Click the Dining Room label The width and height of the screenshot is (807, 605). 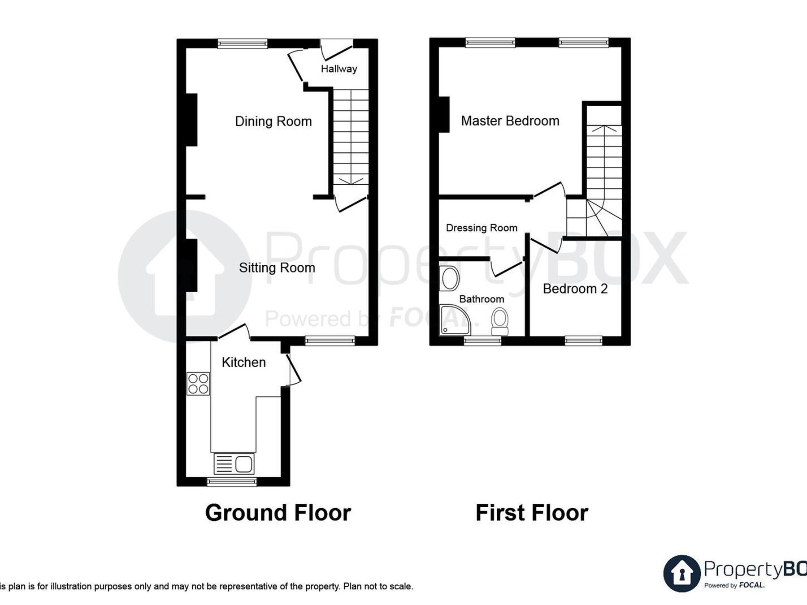pos(273,121)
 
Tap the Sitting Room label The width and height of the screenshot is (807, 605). pos(277,268)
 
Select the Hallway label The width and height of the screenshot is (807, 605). pos(339,69)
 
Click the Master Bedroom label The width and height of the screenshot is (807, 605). pos(510,121)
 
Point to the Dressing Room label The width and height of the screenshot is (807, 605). pos(482,228)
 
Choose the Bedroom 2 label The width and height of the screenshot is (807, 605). pos(575,289)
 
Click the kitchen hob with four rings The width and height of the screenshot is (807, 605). pos(198,384)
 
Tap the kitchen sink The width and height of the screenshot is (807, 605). pos(234,464)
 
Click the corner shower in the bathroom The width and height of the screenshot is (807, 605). pos(455,320)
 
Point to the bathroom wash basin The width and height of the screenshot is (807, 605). pos(450,279)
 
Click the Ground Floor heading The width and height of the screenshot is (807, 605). pos(278,513)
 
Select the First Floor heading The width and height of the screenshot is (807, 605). pos(532,513)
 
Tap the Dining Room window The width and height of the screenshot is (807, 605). pos(243,43)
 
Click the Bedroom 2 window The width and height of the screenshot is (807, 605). pos(583,341)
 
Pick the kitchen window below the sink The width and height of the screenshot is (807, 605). pos(232,482)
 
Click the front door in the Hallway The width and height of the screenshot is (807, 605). pos(336,49)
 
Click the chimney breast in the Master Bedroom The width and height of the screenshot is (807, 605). pos(444,115)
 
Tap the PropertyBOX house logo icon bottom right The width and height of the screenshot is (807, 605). pos(682,574)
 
